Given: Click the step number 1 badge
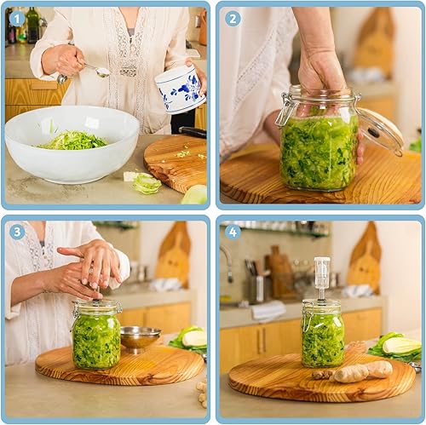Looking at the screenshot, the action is point(17,19).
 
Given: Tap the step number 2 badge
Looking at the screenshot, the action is point(233,19).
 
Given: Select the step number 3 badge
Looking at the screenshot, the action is point(17,232).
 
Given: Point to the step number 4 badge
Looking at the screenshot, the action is point(233,232).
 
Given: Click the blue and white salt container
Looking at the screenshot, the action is point(181,89).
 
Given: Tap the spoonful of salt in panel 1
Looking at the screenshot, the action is point(103,72).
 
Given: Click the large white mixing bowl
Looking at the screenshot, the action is point(72,144).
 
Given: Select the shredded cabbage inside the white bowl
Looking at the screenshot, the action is point(73,141).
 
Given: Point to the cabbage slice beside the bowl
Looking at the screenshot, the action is point(147,183).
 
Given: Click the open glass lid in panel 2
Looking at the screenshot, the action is point(381,131).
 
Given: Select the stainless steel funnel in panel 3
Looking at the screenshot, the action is point(140,339).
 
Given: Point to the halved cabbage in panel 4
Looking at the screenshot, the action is point(401,345).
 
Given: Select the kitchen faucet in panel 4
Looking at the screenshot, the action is point(227,262).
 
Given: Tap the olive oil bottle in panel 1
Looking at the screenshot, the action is point(32,25).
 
